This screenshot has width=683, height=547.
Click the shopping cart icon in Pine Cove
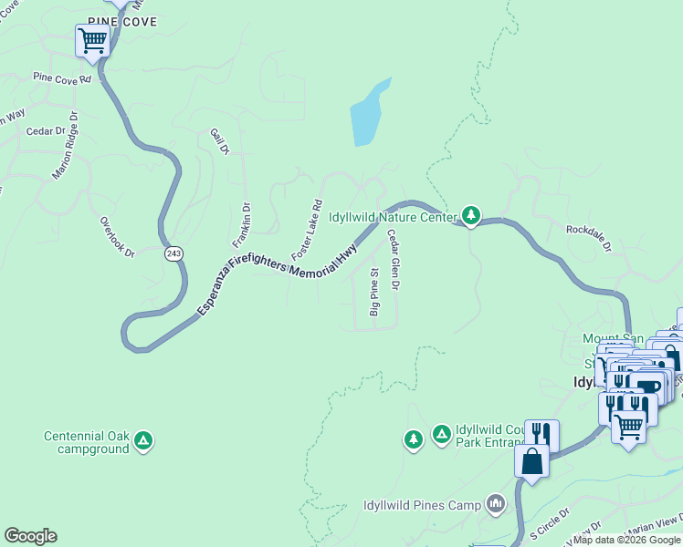click(x=92, y=41)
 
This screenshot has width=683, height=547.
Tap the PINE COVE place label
click(x=123, y=21)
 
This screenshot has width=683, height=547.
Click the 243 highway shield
click(x=173, y=253)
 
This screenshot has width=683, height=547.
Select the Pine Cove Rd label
click(x=62, y=78)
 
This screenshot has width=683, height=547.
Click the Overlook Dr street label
click(x=117, y=236)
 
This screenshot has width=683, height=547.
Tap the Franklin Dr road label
click(x=241, y=224)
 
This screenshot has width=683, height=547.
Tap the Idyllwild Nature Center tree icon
click(x=471, y=215)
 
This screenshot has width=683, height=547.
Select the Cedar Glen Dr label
click(x=394, y=260)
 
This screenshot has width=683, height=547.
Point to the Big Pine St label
click(x=373, y=292)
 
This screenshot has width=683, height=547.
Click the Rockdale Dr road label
click(x=588, y=240)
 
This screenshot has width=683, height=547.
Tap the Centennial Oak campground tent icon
click(x=142, y=442)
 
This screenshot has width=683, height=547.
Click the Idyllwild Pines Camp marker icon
click(x=496, y=503)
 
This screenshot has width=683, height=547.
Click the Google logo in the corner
click(x=30, y=536)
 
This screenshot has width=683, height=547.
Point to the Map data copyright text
click(x=626, y=540)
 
